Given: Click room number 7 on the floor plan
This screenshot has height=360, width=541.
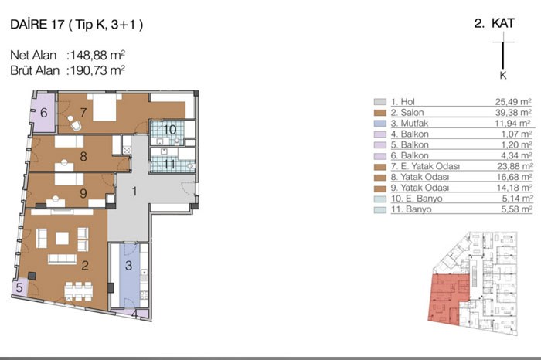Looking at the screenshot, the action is coord(83,113).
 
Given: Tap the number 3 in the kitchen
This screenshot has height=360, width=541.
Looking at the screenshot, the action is coord(129,265).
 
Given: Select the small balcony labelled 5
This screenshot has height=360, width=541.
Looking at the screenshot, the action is coord(19,287).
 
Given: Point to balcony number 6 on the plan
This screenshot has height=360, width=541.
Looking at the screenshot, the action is coord(44,113).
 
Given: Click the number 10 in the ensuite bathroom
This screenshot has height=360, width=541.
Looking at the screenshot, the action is coord(169,130).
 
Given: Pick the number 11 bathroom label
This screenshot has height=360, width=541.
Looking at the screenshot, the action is coord(169,164).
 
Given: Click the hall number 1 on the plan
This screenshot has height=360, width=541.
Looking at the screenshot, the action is coord(134,191).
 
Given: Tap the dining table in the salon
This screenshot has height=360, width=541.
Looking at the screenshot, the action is coord(79,292).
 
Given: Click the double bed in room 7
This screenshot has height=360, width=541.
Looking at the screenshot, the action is coord(104,107).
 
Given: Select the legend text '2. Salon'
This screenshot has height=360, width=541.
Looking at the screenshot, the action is coord(407,113).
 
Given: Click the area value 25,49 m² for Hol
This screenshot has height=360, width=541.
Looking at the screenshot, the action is coord(513,102).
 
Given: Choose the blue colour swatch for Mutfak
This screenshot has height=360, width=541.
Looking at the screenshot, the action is coord(380,124).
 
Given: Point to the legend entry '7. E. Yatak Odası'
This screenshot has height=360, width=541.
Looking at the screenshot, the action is coord(425,166).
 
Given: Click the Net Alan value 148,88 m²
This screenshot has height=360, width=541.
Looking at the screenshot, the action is coord(97,55).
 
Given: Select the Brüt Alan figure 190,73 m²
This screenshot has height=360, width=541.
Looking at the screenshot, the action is coord(97,70).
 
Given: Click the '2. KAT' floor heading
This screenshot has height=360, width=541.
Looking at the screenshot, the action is coord(494,23).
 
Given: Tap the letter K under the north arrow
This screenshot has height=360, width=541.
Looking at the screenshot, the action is coord(503,76).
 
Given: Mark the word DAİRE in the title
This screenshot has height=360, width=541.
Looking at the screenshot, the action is coord(29,24).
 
